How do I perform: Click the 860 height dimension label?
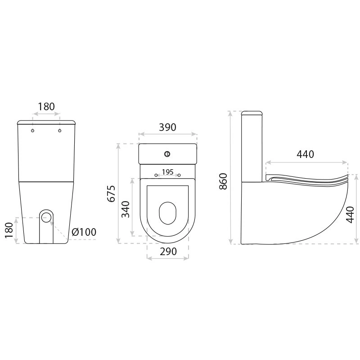[223, 181]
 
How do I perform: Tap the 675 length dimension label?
[111, 193]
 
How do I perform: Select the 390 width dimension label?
[167, 127]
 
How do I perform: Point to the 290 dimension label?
[168, 252]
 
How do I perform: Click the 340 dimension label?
[126, 209]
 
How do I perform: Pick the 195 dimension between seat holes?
[167, 172]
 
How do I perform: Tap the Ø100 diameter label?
[84, 232]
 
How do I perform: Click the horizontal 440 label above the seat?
[306, 154]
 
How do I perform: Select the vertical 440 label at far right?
[350, 215]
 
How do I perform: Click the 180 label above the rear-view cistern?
[46, 107]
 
